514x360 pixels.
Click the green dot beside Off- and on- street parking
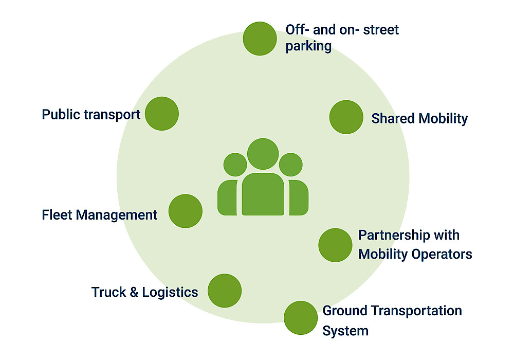(260, 38)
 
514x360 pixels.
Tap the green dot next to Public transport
(161, 113)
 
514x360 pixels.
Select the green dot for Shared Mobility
(346, 117)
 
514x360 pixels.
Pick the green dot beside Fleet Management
(185, 211)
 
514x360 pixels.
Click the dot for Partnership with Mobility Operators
(335, 245)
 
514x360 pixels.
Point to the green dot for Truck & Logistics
(225, 291)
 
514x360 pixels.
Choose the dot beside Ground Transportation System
(301, 318)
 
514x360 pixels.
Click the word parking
(308, 46)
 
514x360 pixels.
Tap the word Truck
(108, 292)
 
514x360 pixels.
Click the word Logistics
(170, 293)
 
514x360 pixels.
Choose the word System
(345, 330)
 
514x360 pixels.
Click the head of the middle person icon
(263, 154)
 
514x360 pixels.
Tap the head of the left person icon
(235, 165)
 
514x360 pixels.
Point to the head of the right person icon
(290, 165)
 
